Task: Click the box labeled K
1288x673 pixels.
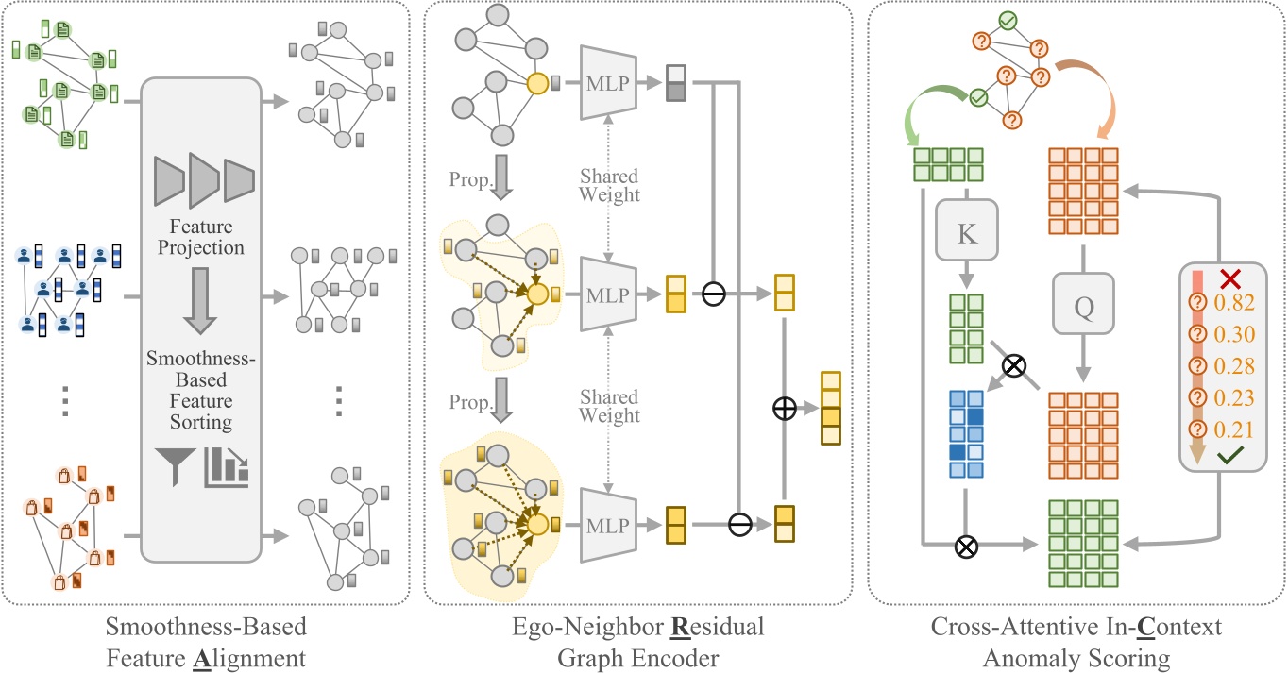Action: pyautogui.click(x=967, y=230)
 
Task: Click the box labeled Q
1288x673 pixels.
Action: pyautogui.click(x=1083, y=303)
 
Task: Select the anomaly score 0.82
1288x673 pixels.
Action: pyautogui.click(x=1234, y=302)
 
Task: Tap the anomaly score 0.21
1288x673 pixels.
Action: pyautogui.click(x=1234, y=429)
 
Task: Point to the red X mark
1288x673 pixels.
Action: pyautogui.click(x=1229, y=278)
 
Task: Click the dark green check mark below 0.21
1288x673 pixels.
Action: pyautogui.click(x=1229, y=455)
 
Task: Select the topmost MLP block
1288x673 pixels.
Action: pyautogui.click(x=608, y=83)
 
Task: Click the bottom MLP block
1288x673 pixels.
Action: pyautogui.click(x=608, y=526)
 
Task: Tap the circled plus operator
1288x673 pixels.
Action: pyautogui.click(x=785, y=409)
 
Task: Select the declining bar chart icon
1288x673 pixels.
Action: pyautogui.click(x=227, y=467)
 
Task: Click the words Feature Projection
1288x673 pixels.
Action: pyautogui.click(x=201, y=237)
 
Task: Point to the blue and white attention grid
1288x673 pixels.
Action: pyautogui.click(x=966, y=434)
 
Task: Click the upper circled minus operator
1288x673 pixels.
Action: pyautogui.click(x=714, y=294)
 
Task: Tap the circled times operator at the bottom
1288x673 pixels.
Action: pyautogui.click(x=966, y=547)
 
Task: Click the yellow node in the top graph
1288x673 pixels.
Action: pyautogui.click(x=537, y=84)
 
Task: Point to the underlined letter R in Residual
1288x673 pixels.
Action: pyautogui.click(x=680, y=627)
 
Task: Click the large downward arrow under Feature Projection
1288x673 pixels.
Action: pyautogui.click(x=200, y=300)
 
